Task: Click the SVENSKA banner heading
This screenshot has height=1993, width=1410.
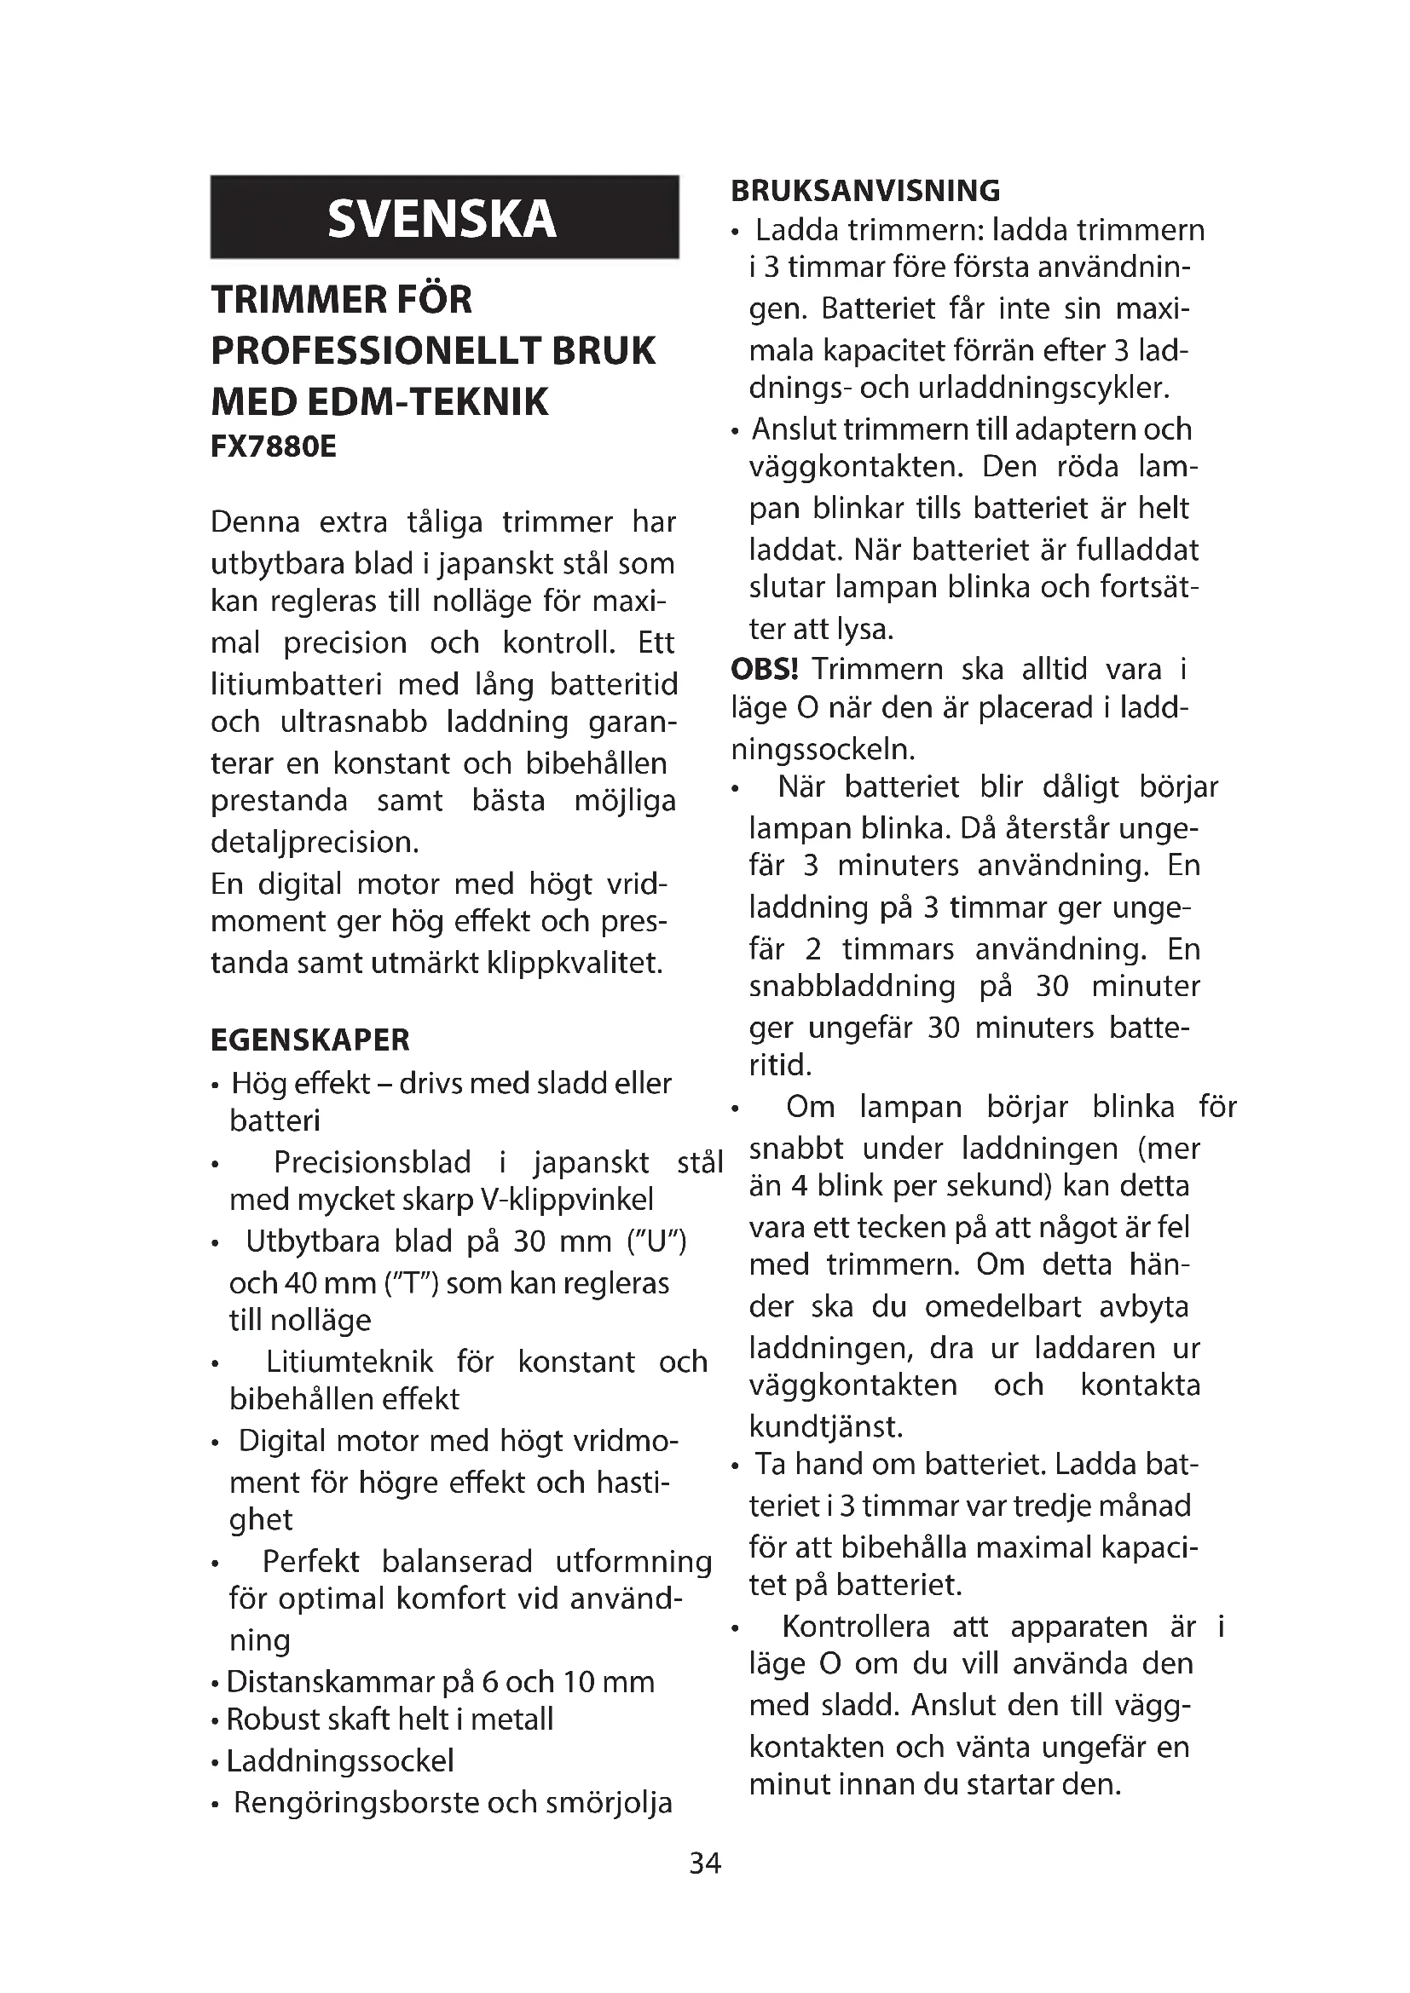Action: [442, 218]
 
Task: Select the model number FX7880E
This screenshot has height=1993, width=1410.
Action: [274, 446]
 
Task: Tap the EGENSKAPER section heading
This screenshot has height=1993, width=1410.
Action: [310, 1039]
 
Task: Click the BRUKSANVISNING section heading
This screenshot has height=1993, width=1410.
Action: [865, 190]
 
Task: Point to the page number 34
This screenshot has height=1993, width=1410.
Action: [704, 1863]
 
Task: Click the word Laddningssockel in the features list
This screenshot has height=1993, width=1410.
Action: [339, 1760]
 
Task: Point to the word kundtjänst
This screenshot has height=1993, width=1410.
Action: [826, 1426]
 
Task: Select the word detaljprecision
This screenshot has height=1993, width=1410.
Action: [315, 842]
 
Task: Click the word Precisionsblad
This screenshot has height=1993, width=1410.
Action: [373, 1161]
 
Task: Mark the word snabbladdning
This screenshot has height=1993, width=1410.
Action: [852, 986]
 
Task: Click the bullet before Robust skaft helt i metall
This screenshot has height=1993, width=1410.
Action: [215, 1721]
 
